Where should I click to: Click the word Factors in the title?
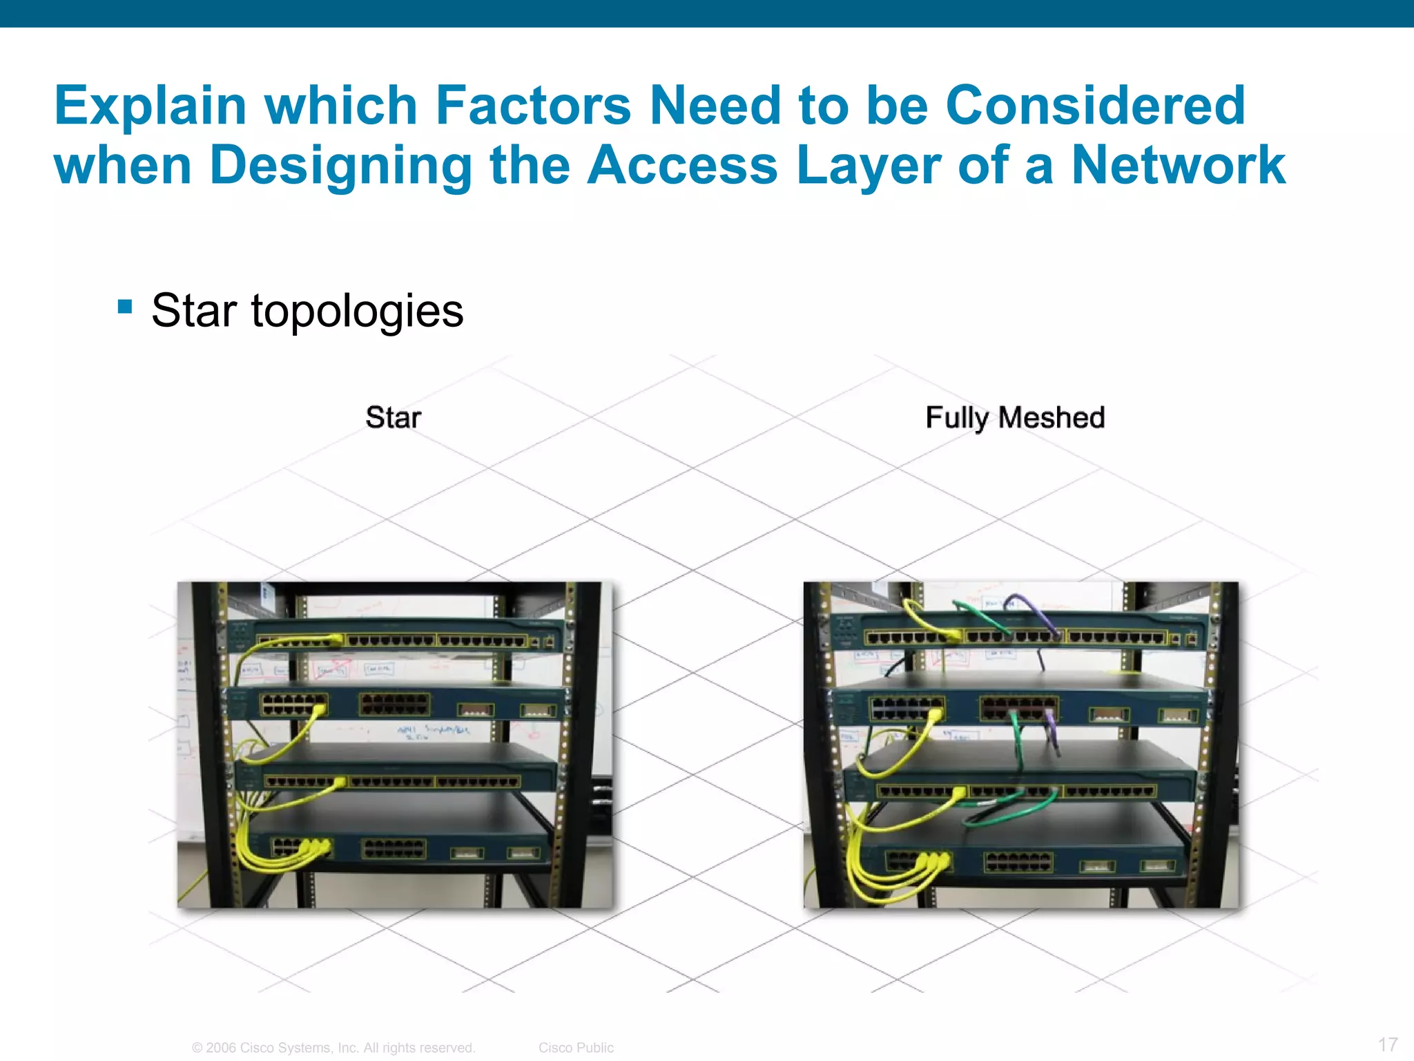click(x=532, y=106)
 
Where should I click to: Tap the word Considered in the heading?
click(x=1095, y=106)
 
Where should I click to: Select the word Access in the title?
click(x=682, y=166)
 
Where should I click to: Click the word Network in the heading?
click(x=1178, y=166)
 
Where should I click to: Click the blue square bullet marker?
click(x=125, y=306)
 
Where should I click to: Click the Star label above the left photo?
click(x=393, y=417)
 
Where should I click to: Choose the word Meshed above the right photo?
click(x=1051, y=417)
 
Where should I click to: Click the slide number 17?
click(x=1388, y=1044)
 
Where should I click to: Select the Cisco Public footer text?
click(x=576, y=1047)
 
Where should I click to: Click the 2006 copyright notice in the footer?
click(x=333, y=1047)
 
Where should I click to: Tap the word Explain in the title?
click(x=151, y=106)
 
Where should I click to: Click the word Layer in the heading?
click(x=869, y=166)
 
